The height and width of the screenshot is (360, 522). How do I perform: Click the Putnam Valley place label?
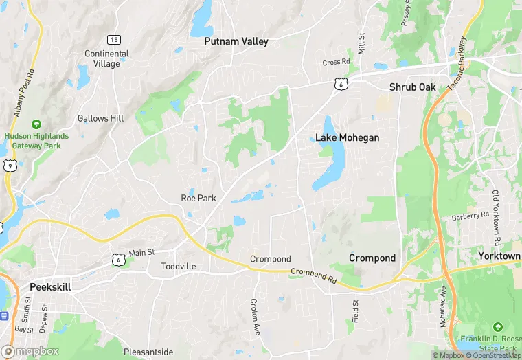coord(236,41)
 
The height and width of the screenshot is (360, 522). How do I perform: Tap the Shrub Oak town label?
coord(412,87)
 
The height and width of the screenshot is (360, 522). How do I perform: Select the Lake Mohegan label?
coord(347,137)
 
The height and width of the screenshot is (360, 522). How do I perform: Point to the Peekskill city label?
coord(52,286)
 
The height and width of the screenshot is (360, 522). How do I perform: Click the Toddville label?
coord(178,267)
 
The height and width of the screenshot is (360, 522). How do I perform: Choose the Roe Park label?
coord(198,198)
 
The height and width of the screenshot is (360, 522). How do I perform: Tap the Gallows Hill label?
coord(100,118)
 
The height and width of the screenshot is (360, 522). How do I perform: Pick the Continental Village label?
coord(106,58)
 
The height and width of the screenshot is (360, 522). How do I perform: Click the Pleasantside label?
coord(148,352)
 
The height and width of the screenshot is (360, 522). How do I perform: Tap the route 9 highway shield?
coord(9,165)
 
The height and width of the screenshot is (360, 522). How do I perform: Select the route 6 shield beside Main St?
coord(117,259)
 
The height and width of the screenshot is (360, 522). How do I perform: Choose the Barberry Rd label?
coord(470,217)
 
